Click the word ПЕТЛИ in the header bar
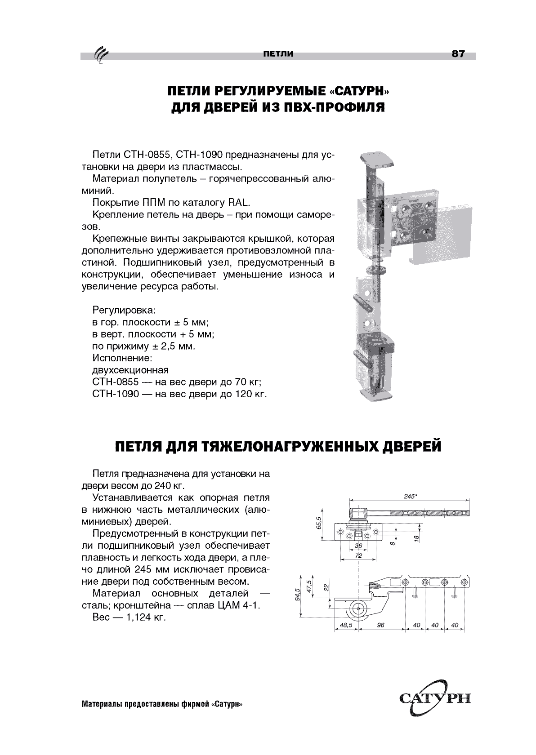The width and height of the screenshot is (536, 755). click(278, 54)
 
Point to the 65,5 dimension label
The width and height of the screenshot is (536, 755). click(319, 523)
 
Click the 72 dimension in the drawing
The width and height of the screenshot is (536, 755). click(358, 555)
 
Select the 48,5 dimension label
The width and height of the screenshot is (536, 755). click(345, 625)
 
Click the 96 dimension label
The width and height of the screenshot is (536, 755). click(380, 625)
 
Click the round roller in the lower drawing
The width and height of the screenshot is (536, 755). click(358, 608)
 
